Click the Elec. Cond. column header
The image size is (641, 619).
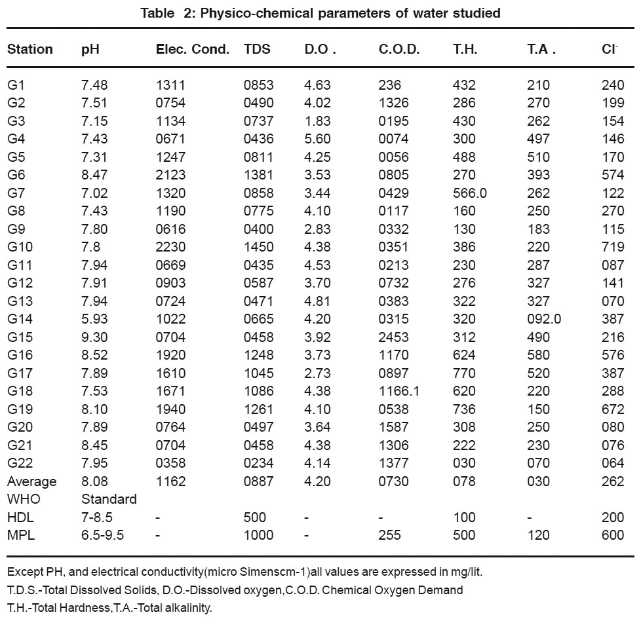pyautogui.click(x=193, y=49)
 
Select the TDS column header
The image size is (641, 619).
pyautogui.click(x=257, y=49)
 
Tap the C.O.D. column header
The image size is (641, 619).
pyautogui.click(x=399, y=49)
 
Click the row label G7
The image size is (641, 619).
pyautogui.click(x=16, y=193)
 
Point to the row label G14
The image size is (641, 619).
pyautogui.click(x=20, y=319)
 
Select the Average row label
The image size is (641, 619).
pyautogui.click(x=32, y=481)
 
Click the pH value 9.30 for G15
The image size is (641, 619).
pyautogui.click(x=94, y=337)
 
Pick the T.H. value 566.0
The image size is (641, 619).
pyautogui.click(x=470, y=193)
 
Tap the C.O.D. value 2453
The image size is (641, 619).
pyautogui.click(x=393, y=337)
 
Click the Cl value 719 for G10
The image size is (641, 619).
pyautogui.click(x=613, y=247)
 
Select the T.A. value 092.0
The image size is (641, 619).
pyautogui.click(x=544, y=319)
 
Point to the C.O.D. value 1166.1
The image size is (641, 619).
pyautogui.click(x=399, y=391)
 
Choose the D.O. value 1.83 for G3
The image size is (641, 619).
pyautogui.click(x=317, y=121)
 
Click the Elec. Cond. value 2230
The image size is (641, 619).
pyautogui.click(x=170, y=247)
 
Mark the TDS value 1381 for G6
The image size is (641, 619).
pyautogui.click(x=258, y=175)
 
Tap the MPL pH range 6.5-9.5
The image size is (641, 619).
pyautogui.click(x=103, y=535)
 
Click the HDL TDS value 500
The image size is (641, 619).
pyautogui.click(x=255, y=517)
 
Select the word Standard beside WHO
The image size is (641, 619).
pyautogui.click(x=109, y=499)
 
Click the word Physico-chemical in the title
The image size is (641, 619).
pyautogui.click(x=257, y=13)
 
